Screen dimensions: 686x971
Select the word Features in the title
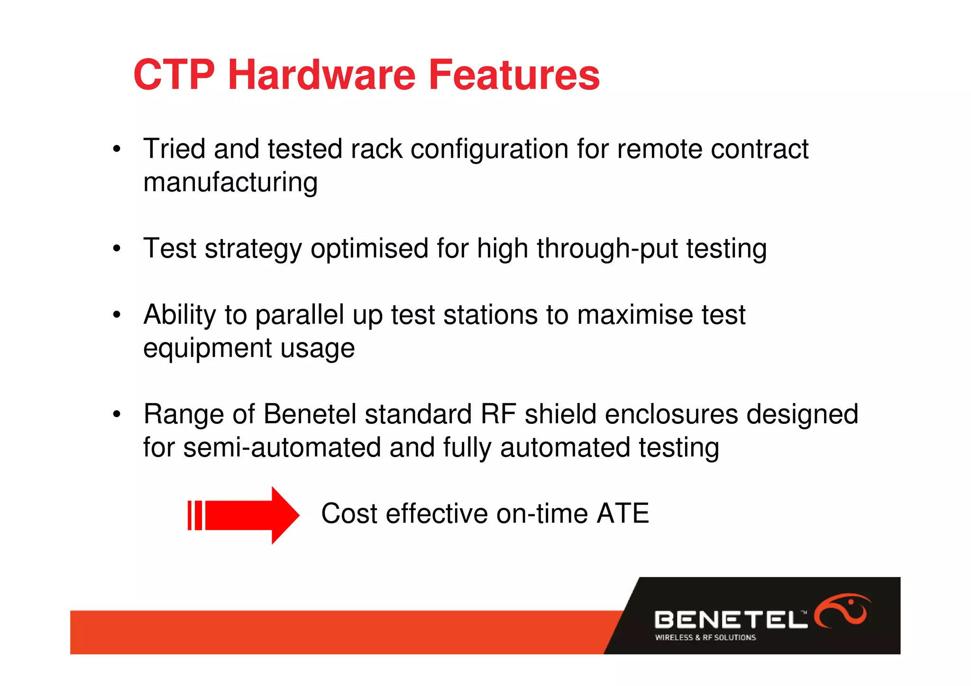[514, 75]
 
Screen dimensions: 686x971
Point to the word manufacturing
[230, 183]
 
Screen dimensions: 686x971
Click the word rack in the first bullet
[376, 149]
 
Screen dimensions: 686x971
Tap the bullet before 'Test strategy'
[117, 249]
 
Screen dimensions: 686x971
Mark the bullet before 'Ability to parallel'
[117, 315]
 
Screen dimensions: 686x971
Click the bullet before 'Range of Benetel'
[117, 415]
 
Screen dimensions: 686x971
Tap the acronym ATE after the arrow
[623, 514]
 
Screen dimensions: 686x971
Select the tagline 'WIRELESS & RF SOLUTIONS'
[705, 638]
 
